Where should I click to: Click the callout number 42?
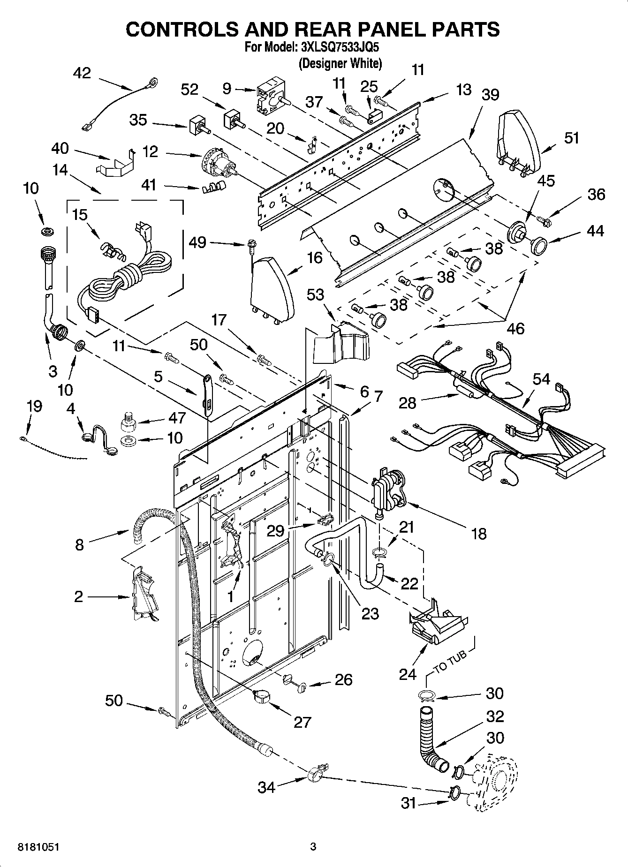tap(82, 73)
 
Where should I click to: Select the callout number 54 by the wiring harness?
tap(541, 379)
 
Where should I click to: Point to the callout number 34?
tap(266, 787)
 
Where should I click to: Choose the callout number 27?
tap(302, 723)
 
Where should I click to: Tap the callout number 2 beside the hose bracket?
tap(78, 596)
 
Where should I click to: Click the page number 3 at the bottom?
tap(313, 847)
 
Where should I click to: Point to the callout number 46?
tap(515, 329)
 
